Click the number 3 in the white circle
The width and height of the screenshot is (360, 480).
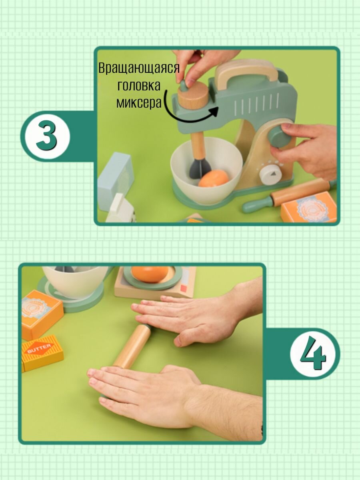point(46,136)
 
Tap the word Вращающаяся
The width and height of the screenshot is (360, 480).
point(139,68)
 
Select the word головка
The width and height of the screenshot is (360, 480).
point(139,86)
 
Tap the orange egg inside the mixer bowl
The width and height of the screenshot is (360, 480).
point(214,179)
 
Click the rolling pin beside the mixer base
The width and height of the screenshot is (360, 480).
point(289,195)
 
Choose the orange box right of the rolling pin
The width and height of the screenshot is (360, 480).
point(309,207)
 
